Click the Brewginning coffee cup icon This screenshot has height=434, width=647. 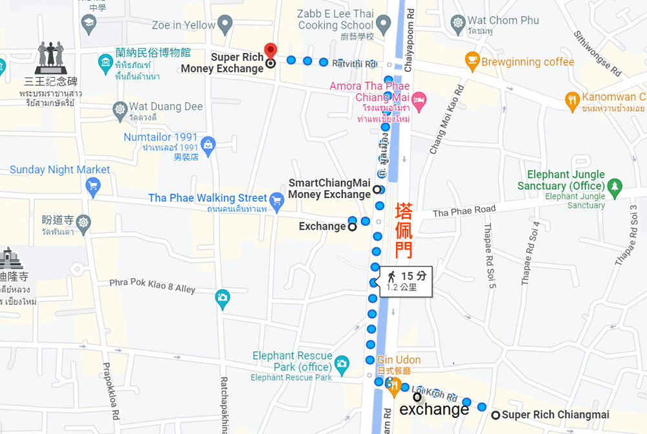[472, 61]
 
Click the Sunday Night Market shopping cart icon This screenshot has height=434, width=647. [93, 186]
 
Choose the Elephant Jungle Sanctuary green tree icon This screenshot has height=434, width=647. [614, 188]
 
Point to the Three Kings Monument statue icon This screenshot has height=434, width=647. [50, 58]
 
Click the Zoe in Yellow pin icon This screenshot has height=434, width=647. [225, 25]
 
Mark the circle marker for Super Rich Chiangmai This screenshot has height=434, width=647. [496, 415]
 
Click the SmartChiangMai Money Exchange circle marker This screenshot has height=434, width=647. [377, 190]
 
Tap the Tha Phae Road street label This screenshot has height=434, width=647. [464, 211]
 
